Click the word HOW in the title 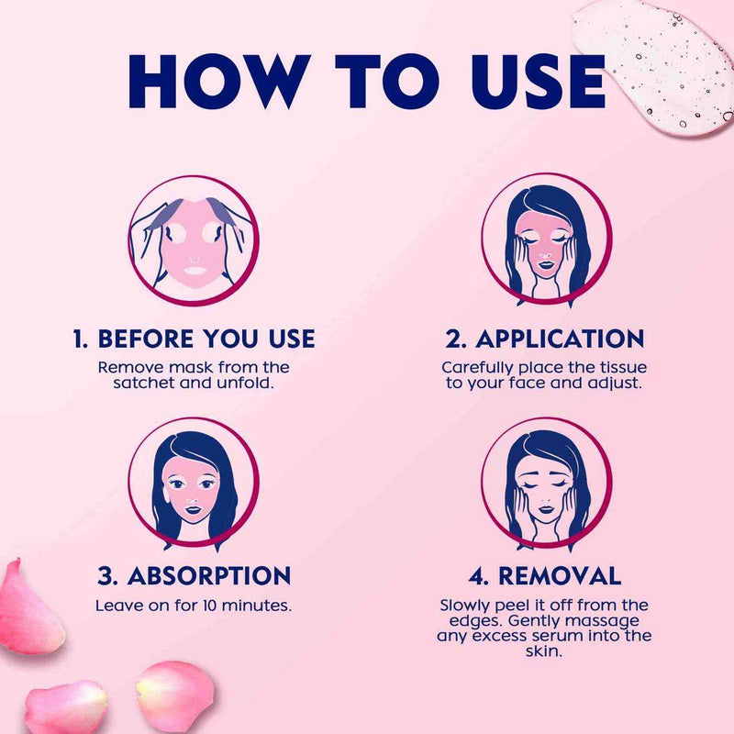pos(219,82)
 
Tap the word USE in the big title pos(539,82)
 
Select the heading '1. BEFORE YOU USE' pos(194,339)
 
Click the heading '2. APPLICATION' pos(544,339)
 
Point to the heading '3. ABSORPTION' pos(194,575)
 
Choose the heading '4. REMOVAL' pos(544,575)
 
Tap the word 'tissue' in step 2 pos(622,368)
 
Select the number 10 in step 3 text pos(210,606)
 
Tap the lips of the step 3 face pos(193,509)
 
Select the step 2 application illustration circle pos(546,239)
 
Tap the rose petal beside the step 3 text pos(29,608)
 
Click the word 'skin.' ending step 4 pos(543,651)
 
